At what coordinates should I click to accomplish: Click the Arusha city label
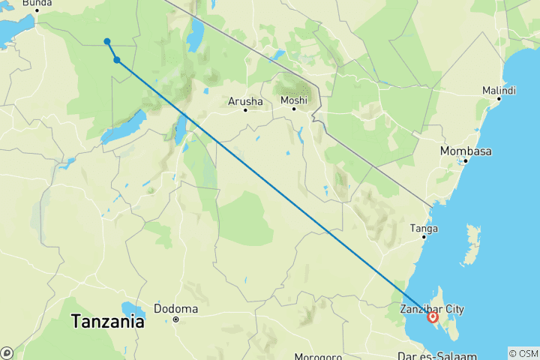[x=244, y=101]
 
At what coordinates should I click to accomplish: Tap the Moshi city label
[x=293, y=100]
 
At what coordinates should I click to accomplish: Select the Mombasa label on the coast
[x=466, y=151]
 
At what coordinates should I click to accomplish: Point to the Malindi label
[x=499, y=91]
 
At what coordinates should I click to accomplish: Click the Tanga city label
[x=424, y=228]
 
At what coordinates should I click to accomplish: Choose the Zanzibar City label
[x=432, y=308]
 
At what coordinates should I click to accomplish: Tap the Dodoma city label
[x=175, y=308]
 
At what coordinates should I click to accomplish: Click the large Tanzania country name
[x=108, y=322]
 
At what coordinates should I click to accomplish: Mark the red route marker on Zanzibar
[x=433, y=317]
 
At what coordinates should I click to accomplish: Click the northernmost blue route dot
[x=107, y=41]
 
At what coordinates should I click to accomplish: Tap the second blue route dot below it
[x=117, y=60]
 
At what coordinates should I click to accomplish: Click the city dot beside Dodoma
[x=176, y=319]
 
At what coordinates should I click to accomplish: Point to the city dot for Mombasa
[x=466, y=160]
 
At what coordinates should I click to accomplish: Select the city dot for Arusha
[x=244, y=111]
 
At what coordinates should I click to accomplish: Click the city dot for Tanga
[x=424, y=238]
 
